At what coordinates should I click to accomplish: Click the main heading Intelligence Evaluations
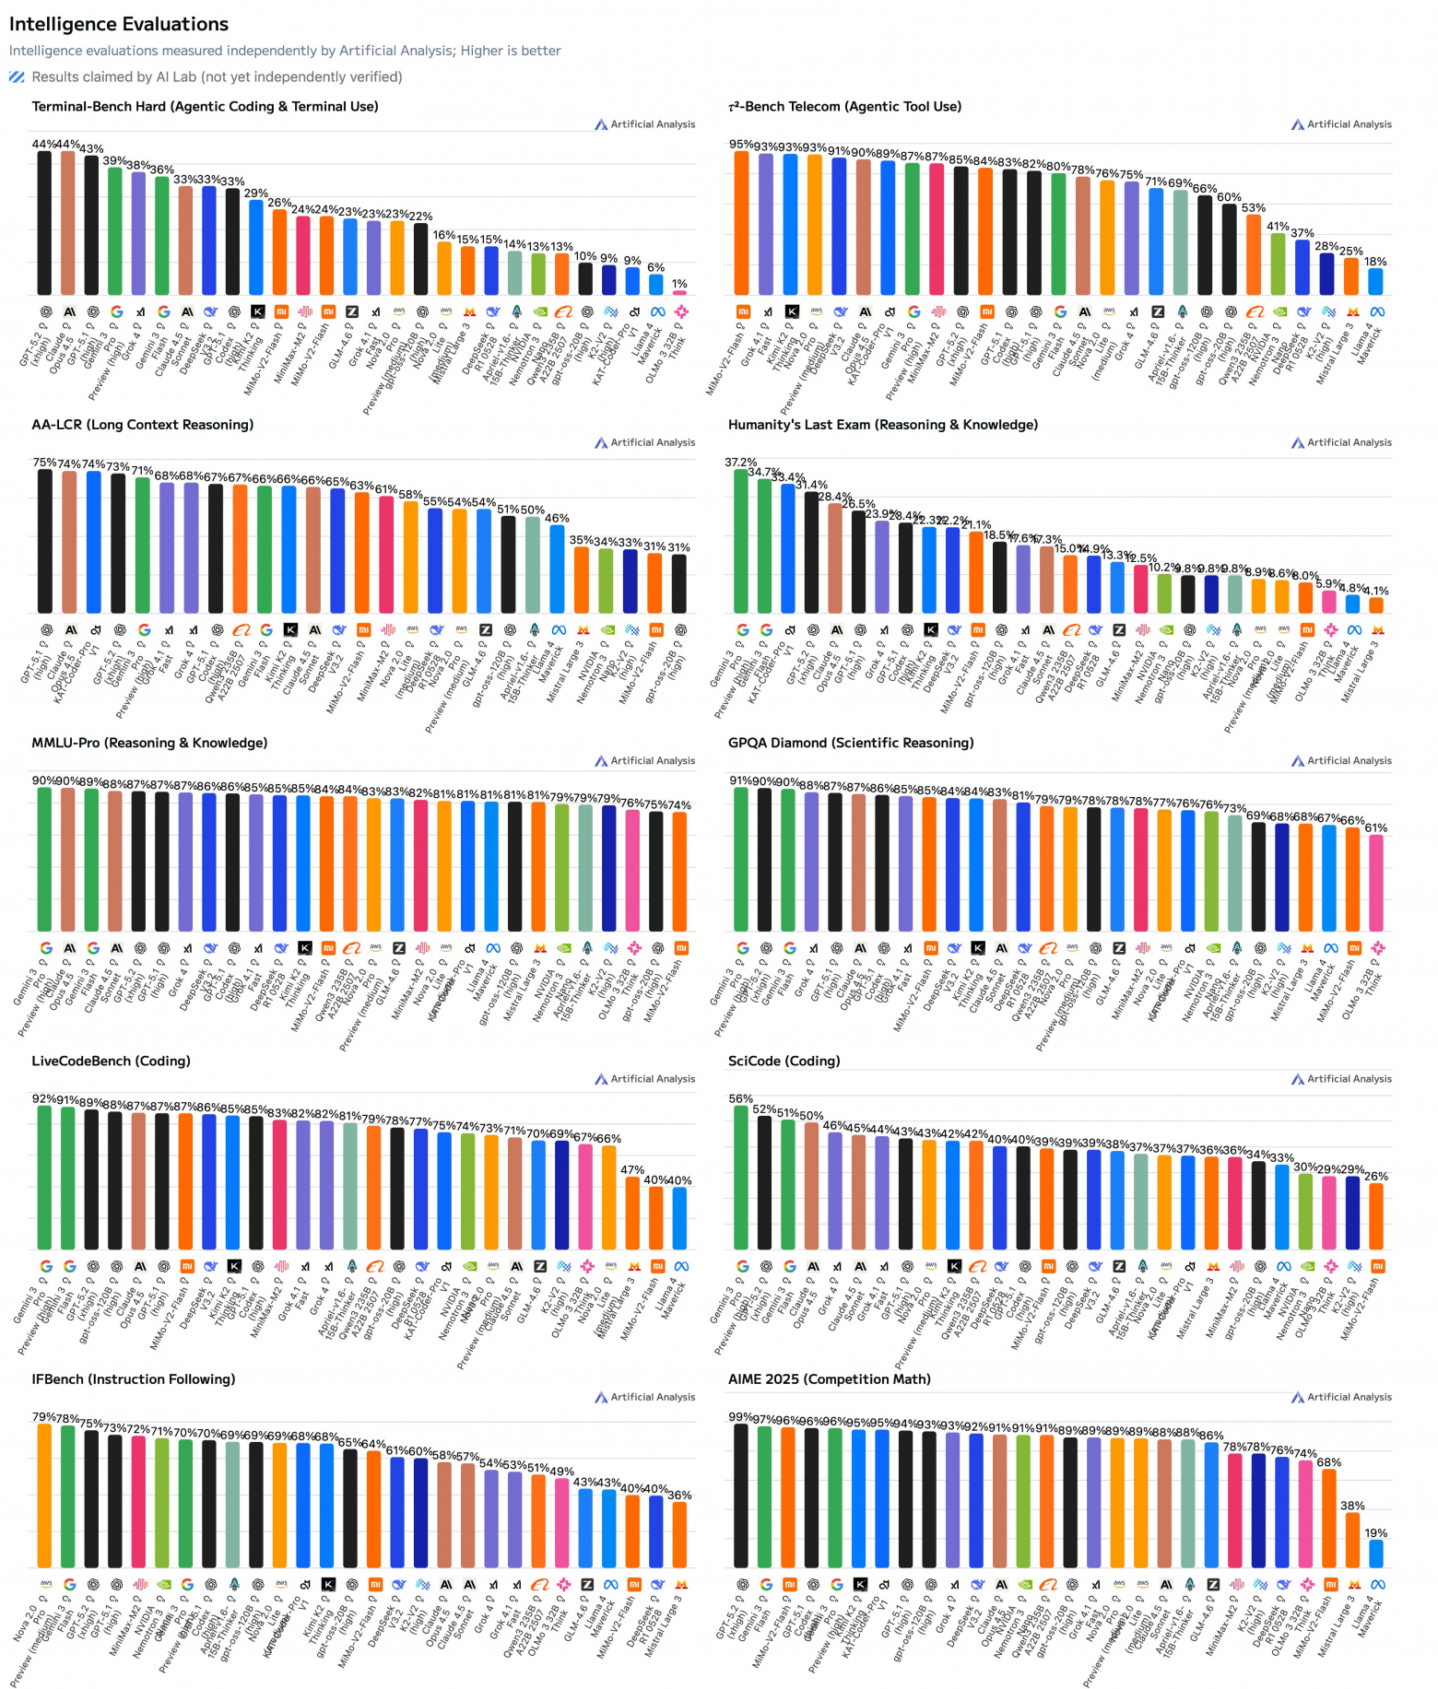(119, 24)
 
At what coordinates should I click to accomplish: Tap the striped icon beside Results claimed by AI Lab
(17, 77)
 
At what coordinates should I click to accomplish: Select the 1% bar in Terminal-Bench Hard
(679, 292)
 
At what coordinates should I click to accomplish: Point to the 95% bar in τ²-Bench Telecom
(741, 222)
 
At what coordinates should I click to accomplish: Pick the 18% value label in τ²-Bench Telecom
(1375, 262)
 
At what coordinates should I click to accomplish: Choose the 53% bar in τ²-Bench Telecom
(1254, 254)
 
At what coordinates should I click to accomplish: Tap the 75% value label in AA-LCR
(44, 463)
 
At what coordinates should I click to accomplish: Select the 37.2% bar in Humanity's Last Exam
(741, 541)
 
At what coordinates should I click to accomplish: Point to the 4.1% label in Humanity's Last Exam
(1375, 592)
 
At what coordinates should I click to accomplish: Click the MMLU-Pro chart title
(149, 743)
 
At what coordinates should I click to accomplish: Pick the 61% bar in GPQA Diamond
(1375, 883)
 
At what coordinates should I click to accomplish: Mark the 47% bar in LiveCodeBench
(632, 1213)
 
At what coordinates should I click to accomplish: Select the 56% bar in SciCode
(741, 1178)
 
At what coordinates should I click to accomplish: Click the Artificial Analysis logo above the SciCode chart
(1341, 1079)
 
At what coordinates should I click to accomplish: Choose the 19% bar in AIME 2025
(1375, 1554)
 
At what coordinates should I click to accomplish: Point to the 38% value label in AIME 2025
(1352, 1506)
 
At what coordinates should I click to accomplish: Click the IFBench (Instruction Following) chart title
(134, 1379)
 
